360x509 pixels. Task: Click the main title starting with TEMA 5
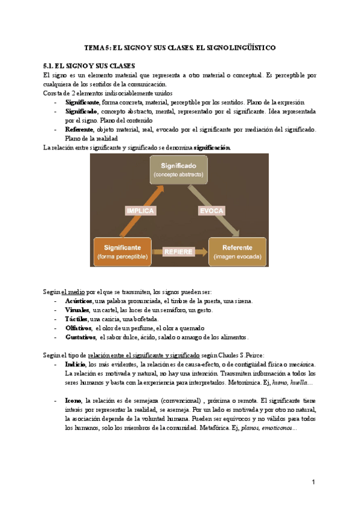pyautogui.click(x=180, y=47)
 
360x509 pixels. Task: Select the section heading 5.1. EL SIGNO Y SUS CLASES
pyautogui.click(x=89, y=65)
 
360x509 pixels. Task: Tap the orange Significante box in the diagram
pyautogui.click(x=122, y=251)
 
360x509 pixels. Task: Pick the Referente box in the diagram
pyautogui.click(x=236, y=251)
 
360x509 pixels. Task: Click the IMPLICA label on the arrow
pyautogui.click(x=140, y=211)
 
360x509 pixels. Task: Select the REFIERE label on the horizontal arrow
pyautogui.click(x=177, y=251)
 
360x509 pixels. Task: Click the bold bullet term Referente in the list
pyautogui.click(x=79, y=129)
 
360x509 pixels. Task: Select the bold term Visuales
pyautogui.click(x=77, y=310)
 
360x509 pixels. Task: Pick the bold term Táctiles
pyautogui.click(x=76, y=319)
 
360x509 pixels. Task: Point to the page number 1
pyautogui.click(x=313, y=483)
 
